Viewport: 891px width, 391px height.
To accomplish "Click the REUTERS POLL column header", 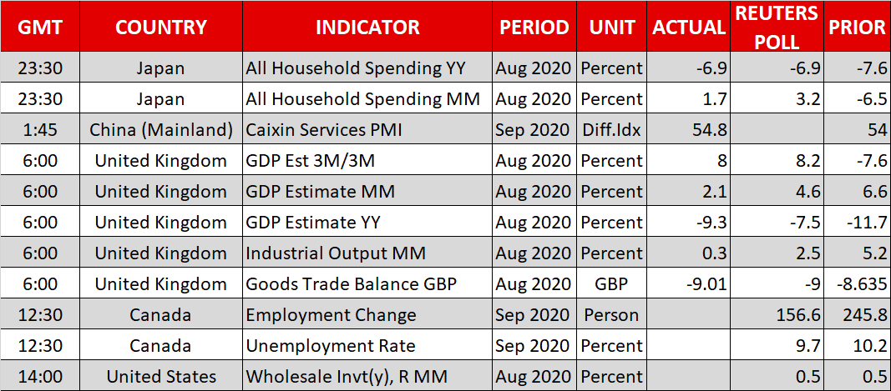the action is click(777, 26).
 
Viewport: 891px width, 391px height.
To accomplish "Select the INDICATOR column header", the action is click(367, 27).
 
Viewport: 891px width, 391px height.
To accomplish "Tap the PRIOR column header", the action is click(857, 27).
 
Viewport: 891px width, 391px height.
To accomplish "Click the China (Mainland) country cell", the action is click(161, 130).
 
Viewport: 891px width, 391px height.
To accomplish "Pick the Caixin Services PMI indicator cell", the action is click(324, 130).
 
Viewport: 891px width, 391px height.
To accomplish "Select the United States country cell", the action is click(161, 377).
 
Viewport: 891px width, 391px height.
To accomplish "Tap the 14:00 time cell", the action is click(40, 377).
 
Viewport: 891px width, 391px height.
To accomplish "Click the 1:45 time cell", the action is click(40, 130).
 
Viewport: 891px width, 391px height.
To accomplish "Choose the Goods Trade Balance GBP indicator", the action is click(352, 284).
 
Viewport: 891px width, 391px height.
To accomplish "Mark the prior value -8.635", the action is click(862, 284).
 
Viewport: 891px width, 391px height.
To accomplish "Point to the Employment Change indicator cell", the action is click(332, 315).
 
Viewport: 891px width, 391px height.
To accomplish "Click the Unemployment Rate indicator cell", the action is click(331, 346).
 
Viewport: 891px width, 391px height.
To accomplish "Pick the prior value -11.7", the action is click(867, 223).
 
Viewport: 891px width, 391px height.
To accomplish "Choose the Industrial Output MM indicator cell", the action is click(336, 253).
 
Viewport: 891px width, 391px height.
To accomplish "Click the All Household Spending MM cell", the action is click(363, 99).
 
